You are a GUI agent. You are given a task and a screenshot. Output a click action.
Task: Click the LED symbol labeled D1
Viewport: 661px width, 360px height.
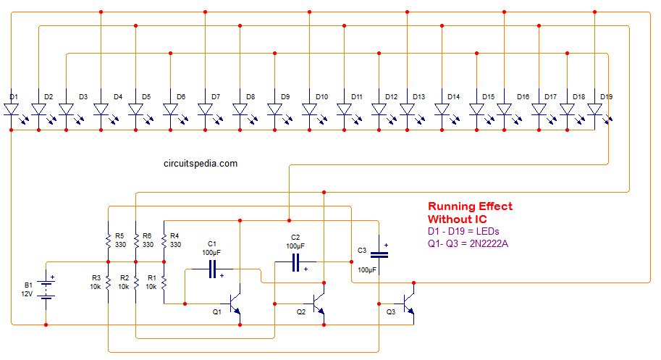(12, 110)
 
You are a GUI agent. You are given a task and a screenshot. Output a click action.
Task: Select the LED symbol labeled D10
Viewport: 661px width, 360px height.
(309, 110)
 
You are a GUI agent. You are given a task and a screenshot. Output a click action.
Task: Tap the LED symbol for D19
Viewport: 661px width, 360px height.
(595, 110)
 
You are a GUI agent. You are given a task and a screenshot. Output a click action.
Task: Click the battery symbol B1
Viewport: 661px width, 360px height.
(46, 290)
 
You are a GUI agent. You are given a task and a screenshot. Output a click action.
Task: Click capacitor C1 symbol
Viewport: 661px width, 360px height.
(213, 269)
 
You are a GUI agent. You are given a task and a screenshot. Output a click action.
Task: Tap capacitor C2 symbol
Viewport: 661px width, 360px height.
(296, 262)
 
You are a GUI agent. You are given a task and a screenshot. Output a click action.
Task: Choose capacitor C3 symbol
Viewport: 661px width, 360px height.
(379, 254)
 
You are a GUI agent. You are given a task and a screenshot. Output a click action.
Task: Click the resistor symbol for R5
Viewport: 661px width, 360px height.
(109, 241)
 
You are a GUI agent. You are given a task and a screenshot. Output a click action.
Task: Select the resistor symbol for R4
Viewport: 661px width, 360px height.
(164, 241)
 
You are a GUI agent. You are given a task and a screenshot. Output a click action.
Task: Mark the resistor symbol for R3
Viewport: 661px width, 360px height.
(109, 282)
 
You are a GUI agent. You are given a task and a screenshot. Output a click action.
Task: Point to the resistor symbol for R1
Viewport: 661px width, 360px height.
(164, 282)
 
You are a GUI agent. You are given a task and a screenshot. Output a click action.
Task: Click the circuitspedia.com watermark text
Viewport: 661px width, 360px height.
(201, 164)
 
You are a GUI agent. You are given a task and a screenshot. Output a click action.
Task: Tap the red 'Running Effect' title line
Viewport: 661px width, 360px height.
(470, 206)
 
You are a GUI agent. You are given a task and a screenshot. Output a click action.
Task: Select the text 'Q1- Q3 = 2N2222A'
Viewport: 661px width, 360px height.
(468, 243)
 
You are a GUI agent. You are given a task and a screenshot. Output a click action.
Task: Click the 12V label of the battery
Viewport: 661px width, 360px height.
(27, 294)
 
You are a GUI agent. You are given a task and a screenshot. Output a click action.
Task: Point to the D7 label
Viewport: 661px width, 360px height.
(216, 96)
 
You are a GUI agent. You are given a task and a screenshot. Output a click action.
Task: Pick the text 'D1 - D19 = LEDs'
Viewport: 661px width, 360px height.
(463, 232)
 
